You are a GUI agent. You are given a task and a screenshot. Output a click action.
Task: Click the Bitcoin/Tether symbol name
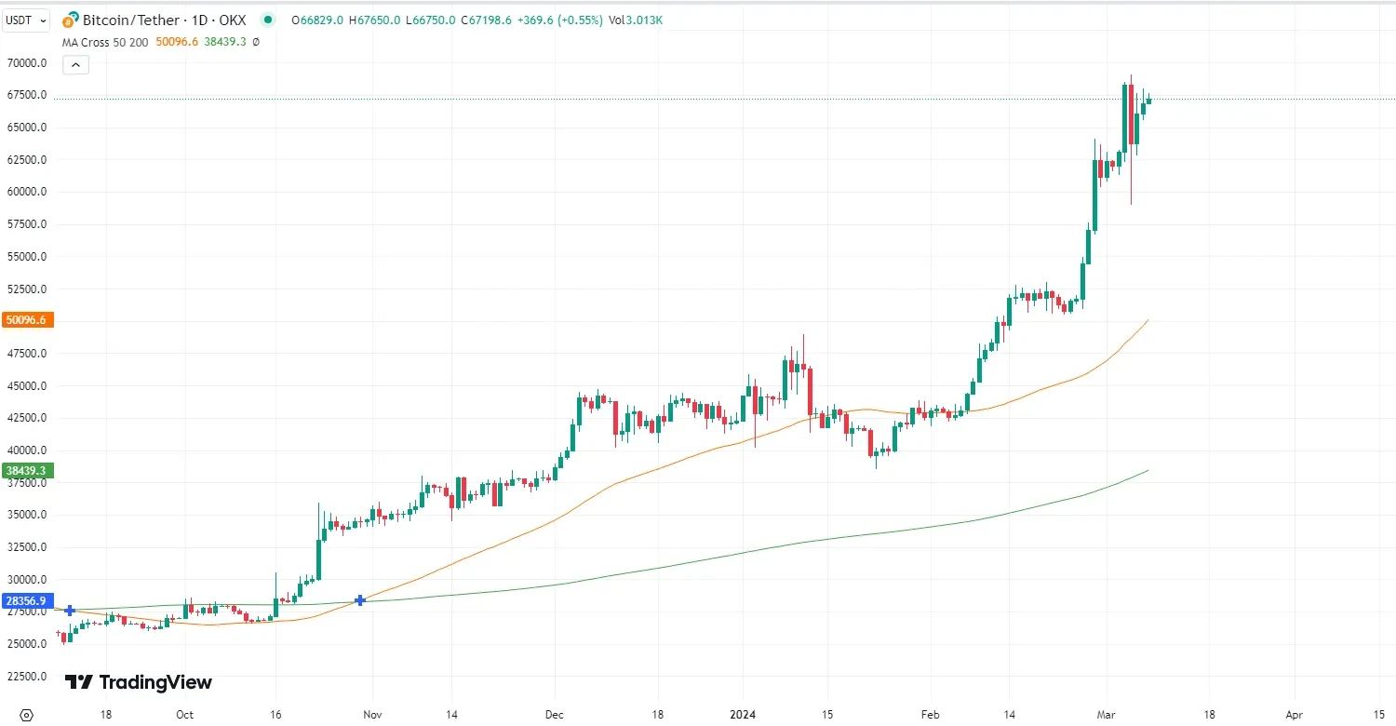pyautogui.click(x=129, y=20)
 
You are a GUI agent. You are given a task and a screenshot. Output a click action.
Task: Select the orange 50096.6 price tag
pyautogui.click(x=28, y=320)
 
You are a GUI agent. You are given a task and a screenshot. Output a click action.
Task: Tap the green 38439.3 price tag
pyautogui.click(x=28, y=471)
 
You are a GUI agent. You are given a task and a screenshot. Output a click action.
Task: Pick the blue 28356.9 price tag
pyautogui.click(x=28, y=601)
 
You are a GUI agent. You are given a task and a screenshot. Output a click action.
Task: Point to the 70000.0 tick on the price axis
pyautogui.click(x=28, y=63)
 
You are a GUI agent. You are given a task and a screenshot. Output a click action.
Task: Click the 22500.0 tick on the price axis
pyautogui.click(x=28, y=677)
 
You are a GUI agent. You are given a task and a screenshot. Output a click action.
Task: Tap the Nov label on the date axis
pyautogui.click(x=372, y=715)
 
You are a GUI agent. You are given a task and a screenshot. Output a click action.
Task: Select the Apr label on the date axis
pyautogui.click(x=1295, y=715)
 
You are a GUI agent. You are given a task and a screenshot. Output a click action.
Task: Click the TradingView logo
pyautogui.click(x=139, y=682)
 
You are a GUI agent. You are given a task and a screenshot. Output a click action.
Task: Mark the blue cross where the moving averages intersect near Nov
pyautogui.click(x=360, y=600)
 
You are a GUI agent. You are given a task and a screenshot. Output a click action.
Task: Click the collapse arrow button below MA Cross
pyautogui.click(x=75, y=65)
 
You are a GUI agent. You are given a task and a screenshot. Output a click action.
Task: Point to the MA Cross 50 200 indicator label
pyautogui.click(x=104, y=42)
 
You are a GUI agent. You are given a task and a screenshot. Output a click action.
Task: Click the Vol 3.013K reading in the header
pyautogui.click(x=637, y=20)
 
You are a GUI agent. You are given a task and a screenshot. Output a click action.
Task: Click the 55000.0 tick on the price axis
pyautogui.click(x=28, y=257)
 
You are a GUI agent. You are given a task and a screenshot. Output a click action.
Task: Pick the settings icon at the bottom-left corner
pyautogui.click(x=26, y=715)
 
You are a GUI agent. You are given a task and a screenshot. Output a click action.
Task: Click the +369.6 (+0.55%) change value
pyautogui.click(x=565, y=20)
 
